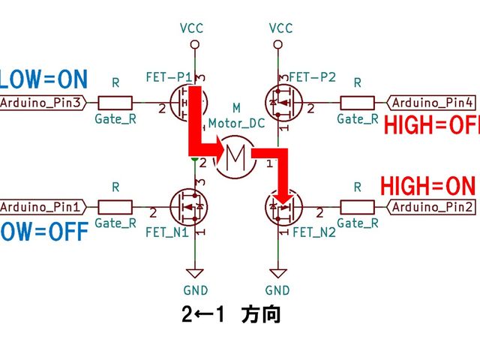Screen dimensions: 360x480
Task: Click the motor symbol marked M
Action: pyautogui.click(x=235, y=156)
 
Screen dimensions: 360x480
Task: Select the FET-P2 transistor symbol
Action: pyautogui.click(x=284, y=102)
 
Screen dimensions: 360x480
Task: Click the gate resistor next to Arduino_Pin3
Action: pyautogui.click(x=114, y=102)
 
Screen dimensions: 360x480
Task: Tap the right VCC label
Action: pyautogui.click(x=280, y=28)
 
